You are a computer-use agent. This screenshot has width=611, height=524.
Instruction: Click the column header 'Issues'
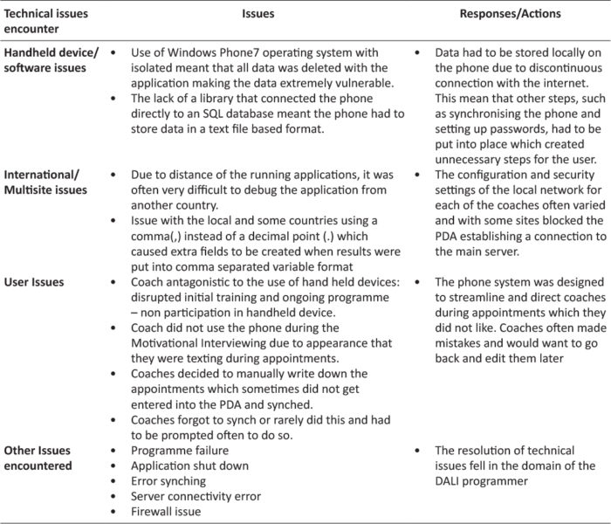click(x=256, y=14)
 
